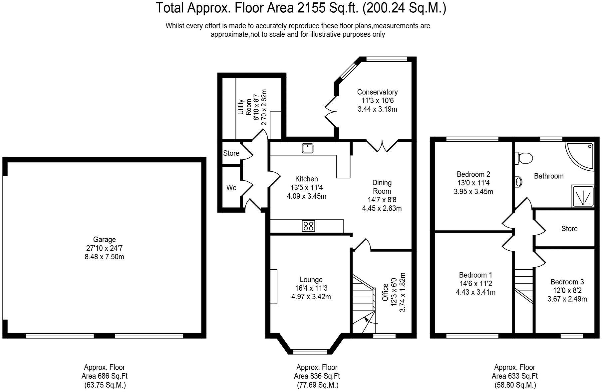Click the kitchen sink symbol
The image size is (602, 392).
point(307,148)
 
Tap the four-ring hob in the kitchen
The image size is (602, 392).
point(308,226)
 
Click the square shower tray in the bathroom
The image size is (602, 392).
point(583,196)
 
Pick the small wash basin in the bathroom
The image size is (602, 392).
point(518,182)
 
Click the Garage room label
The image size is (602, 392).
point(104,239)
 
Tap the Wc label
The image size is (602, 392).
point(231,188)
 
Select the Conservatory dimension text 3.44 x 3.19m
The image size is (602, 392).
point(377,109)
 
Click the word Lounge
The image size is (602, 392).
point(311,280)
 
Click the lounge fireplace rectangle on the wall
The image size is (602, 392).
point(273,286)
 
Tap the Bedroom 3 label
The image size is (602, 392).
point(567,282)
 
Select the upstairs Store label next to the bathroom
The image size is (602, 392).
point(569,229)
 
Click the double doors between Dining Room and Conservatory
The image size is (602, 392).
point(382,146)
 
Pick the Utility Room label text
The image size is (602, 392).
point(245,107)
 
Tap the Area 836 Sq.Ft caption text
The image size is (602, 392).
point(317,376)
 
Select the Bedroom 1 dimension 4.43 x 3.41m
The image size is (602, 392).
point(475,292)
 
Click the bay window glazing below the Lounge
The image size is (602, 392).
point(310,351)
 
